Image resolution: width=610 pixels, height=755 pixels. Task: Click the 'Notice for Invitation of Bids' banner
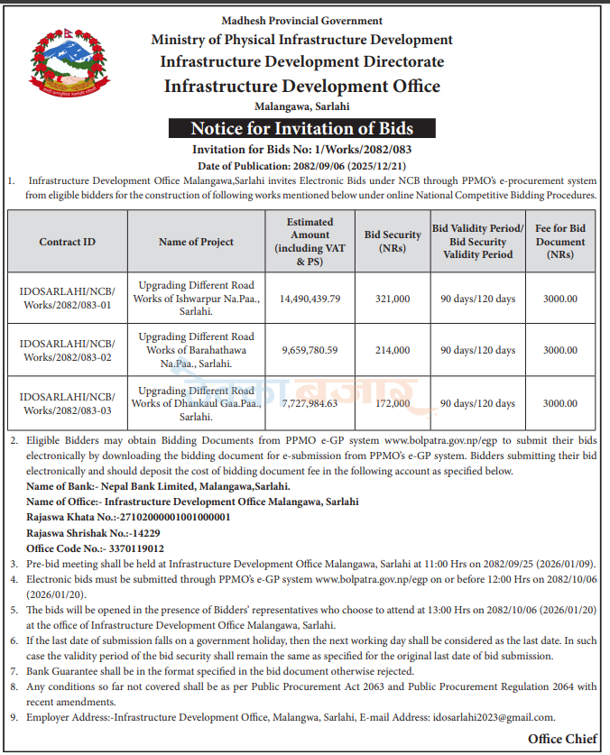tap(301, 128)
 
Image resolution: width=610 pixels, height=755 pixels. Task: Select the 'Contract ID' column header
tap(67, 242)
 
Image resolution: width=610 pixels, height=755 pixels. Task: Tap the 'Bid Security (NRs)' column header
tap(393, 242)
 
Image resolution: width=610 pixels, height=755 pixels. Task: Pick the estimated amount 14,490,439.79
tap(310, 299)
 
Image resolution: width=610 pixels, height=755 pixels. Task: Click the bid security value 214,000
tap(393, 350)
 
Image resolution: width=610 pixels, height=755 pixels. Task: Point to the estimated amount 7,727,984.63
tap(310, 403)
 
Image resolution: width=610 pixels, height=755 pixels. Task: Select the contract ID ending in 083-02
tap(67, 350)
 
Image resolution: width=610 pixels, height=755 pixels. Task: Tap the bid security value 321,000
tap(393, 299)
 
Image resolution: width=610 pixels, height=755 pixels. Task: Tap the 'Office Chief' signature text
tap(562, 739)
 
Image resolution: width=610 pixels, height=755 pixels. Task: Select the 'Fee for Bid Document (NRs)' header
tap(560, 242)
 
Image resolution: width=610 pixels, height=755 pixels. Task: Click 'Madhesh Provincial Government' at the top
tap(301, 21)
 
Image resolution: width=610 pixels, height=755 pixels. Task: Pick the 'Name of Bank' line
tap(159, 486)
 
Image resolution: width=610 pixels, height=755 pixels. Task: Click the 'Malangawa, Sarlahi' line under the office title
tap(301, 107)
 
